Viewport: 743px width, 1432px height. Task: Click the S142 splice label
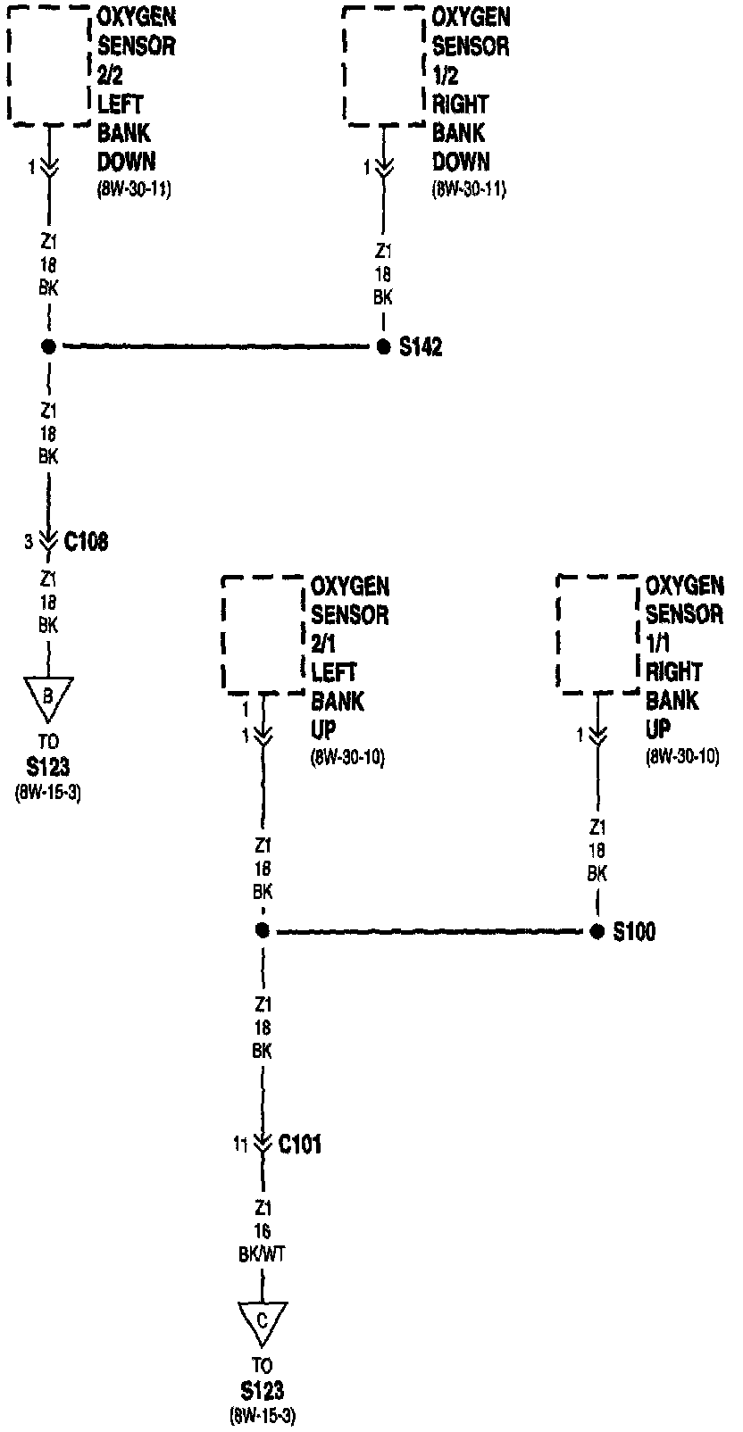(x=420, y=347)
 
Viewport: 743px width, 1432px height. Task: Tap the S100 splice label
(x=634, y=932)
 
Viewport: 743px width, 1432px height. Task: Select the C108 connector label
(x=87, y=541)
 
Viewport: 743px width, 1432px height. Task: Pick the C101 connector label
(x=300, y=1144)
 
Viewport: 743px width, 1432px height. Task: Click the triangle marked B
(x=48, y=696)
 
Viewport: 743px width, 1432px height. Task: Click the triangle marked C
(x=263, y=1321)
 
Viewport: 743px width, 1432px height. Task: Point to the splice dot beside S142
(x=383, y=346)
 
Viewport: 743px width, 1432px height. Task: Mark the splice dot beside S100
(x=597, y=931)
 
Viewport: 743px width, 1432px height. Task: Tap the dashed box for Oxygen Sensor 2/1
(x=263, y=633)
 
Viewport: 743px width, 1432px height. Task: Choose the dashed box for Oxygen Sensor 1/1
(x=598, y=633)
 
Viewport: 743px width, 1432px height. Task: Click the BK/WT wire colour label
(x=262, y=1254)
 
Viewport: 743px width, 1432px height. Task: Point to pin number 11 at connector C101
(x=240, y=1144)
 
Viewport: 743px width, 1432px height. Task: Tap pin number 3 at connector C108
(x=29, y=542)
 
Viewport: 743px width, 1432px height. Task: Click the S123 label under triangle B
(x=48, y=767)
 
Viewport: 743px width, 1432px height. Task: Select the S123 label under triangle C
(x=263, y=1390)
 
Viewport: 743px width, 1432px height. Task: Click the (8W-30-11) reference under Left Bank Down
(x=134, y=189)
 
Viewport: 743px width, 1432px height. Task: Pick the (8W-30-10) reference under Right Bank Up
(x=682, y=757)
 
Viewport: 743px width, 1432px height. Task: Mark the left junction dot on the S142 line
(x=48, y=346)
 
